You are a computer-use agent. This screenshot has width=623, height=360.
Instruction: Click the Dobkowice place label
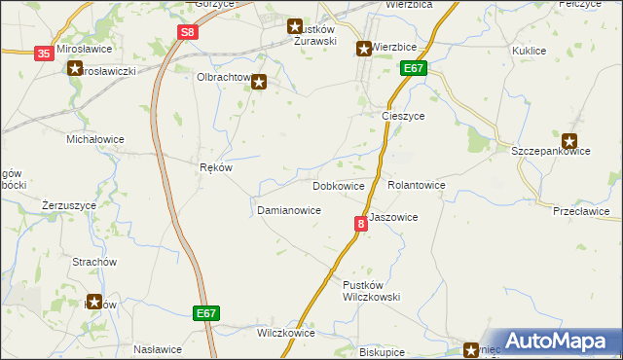(339, 185)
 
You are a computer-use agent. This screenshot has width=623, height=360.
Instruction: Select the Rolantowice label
(416, 185)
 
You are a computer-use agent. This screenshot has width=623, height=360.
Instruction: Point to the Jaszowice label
(393, 218)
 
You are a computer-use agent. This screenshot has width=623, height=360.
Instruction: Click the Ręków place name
(216, 167)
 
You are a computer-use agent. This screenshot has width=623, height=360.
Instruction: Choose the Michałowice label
(94, 139)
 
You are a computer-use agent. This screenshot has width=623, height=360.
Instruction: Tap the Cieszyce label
(401, 115)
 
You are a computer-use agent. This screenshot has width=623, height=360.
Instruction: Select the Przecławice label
(580, 211)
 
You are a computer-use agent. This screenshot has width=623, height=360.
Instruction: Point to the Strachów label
(94, 263)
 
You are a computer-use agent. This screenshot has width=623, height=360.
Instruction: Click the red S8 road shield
(190, 32)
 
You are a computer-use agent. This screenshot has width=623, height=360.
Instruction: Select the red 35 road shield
(44, 54)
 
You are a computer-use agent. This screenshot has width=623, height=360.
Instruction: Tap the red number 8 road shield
(360, 224)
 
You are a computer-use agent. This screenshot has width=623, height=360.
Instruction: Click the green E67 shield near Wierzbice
(413, 68)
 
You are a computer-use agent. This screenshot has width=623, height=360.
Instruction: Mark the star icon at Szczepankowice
(569, 140)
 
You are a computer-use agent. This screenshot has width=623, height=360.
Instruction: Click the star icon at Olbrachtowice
(258, 83)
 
